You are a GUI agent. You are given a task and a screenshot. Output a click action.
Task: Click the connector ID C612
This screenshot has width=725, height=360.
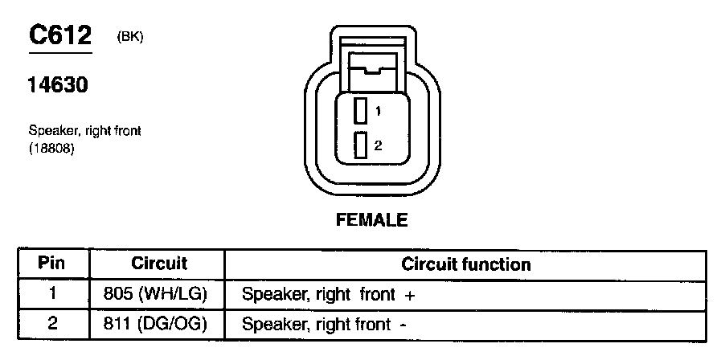(x=61, y=35)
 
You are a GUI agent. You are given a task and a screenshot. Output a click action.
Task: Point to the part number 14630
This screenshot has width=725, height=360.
(x=58, y=85)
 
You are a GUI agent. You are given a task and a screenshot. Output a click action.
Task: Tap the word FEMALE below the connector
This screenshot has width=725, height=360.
(x=371, y=219)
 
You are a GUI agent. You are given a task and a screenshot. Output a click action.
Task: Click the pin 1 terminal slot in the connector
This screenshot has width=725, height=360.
(x=362, y=110)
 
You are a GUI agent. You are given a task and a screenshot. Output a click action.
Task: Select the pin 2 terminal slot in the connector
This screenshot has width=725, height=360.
(x=362, y=145)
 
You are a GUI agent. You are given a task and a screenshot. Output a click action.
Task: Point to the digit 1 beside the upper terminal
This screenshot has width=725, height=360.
(x=378, y=110)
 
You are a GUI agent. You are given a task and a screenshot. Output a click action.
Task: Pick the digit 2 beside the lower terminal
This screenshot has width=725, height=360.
(x=378, y=145)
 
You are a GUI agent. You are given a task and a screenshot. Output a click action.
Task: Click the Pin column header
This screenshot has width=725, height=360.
(x=52, y=264)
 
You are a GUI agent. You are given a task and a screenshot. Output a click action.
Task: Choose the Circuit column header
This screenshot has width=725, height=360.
(x=158, y=264)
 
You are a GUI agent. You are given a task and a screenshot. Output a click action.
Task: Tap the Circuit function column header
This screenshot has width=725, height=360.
(x=466, y=264)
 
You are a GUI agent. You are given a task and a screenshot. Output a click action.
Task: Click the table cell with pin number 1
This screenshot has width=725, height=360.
(x=52, y=294)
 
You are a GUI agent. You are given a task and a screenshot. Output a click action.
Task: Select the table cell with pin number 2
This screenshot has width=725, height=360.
(x=52, y=324)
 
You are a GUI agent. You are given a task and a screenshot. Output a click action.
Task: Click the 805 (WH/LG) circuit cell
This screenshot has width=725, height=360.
(x=156, y=294)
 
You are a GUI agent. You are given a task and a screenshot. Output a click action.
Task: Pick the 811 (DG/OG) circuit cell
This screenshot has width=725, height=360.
(x=156, y=324)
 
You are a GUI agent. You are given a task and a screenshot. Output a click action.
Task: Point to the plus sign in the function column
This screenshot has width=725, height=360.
(x=410, y=296)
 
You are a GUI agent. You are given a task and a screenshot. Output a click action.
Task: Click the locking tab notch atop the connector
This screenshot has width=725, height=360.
(x=371, y=71)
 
